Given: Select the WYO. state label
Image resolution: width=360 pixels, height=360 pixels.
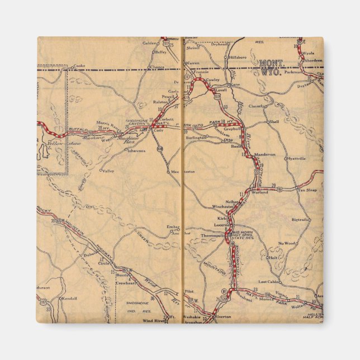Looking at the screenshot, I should click(271, 71).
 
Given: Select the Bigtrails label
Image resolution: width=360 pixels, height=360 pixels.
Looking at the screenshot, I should click(300, 220).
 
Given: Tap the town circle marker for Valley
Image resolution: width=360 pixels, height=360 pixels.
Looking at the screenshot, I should click(101, 170).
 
